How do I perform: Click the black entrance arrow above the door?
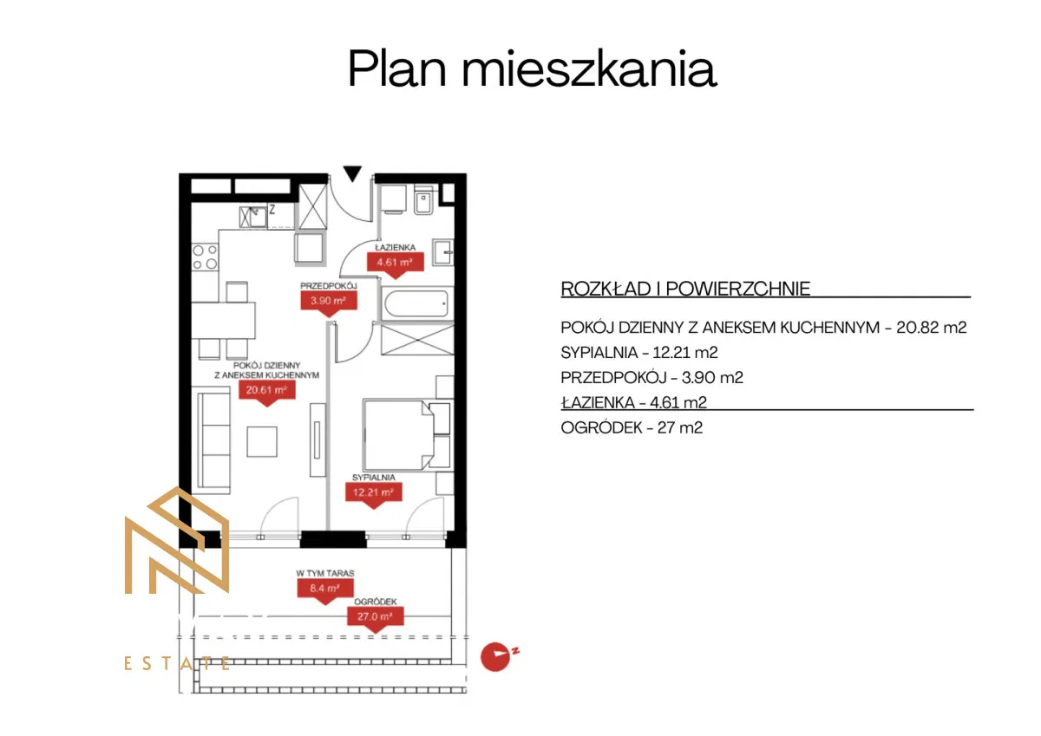point(351,173)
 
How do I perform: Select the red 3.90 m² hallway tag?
point(329,301)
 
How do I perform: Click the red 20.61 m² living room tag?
point(267,390)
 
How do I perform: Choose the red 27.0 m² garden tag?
point(376,616)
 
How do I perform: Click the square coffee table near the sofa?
point(263,441)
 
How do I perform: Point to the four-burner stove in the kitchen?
point(205,257)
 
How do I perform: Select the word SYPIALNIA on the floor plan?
point(374,478)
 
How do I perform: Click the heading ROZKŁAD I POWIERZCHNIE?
point(685,289)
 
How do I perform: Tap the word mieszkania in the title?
point(589,69)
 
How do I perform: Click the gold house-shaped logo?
point(177,542)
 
